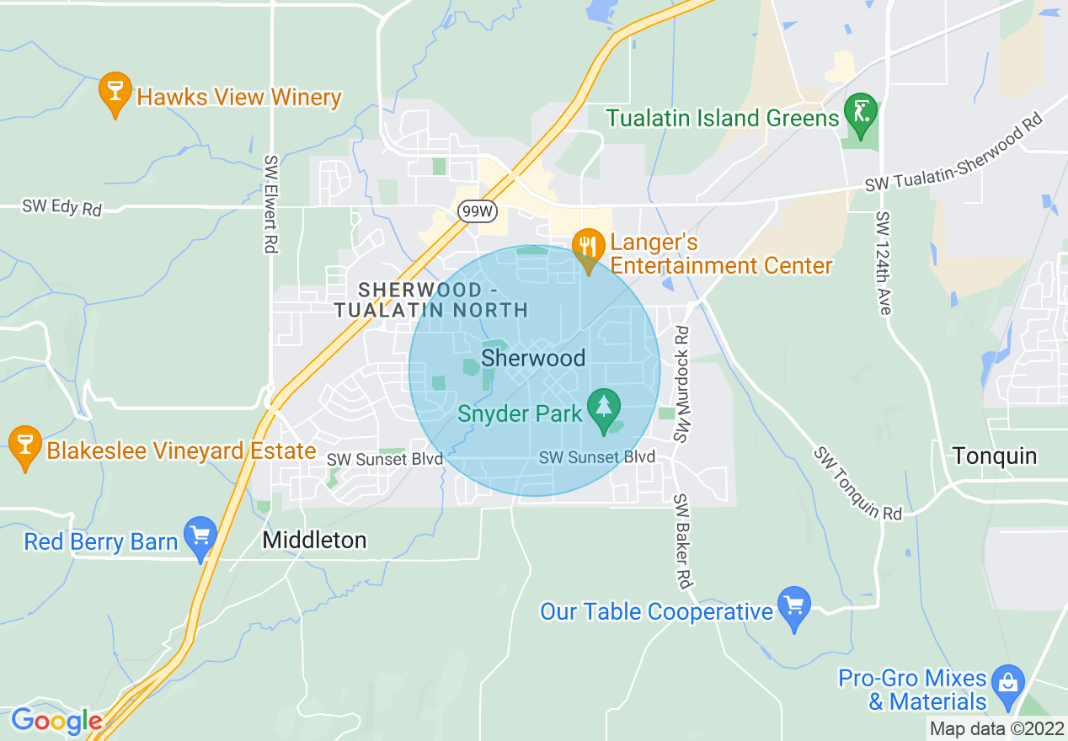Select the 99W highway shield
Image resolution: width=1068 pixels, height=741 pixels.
tap(478, 211)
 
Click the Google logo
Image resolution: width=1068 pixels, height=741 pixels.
tap(56, 722)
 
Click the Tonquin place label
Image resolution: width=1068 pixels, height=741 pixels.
tap(995, 456)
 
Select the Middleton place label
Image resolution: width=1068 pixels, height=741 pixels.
tap(315, 540)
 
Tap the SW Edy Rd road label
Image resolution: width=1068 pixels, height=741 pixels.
tap(61, 207)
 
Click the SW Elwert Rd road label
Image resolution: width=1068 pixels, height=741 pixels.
tap(271, 204)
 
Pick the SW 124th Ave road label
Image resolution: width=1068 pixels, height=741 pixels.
tap(883, 264)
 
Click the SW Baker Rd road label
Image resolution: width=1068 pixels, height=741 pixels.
tap(682, 541)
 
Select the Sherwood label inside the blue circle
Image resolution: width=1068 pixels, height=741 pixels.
tap(533, 359)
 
